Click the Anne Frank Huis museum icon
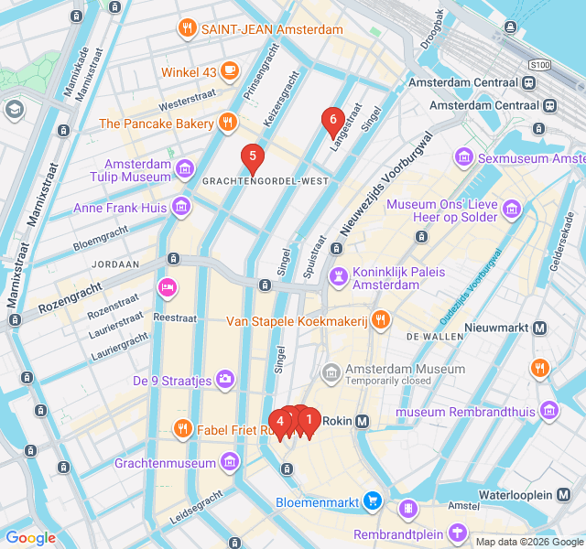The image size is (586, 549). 181,208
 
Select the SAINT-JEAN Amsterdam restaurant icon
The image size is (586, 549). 187,28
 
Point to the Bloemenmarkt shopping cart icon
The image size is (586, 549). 372,501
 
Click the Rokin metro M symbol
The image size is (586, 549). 363,421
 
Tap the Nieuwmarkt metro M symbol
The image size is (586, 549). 540,328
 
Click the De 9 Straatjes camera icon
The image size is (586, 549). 225,380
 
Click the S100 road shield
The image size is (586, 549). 540,65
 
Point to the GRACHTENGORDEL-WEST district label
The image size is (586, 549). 265,181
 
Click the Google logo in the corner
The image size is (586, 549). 30,537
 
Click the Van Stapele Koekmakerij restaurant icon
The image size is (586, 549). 381,320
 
